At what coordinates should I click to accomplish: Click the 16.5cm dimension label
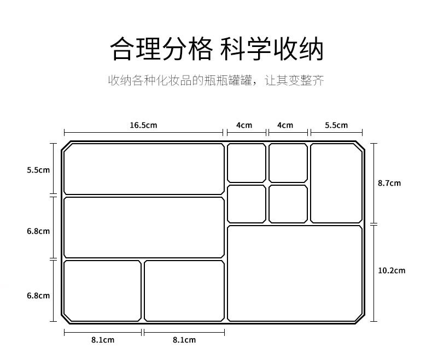coord(143,125)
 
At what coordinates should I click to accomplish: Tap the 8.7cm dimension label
coord(389,183)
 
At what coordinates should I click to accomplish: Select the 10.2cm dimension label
coord(392,270)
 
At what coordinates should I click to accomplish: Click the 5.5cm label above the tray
coord(336,125)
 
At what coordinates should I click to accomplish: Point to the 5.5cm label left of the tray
coord(38,170)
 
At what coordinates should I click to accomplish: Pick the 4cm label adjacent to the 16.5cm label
coord(244,125)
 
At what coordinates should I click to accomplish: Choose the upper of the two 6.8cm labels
coord(38,231)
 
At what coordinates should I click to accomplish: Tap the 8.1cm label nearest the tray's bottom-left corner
coord(103,340)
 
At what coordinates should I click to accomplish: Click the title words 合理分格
coord(160,49)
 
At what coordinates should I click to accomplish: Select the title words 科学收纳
coord(272,49)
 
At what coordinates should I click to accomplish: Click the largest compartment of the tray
coord(295,273)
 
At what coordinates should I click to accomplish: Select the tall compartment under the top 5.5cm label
coord(336,183)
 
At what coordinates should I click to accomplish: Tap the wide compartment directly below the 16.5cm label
coord(144,169)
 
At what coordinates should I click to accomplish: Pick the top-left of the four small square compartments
coord(246,163)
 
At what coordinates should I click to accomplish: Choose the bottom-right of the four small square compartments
coord(288,204)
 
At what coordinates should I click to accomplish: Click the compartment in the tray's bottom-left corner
coord(102,291)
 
